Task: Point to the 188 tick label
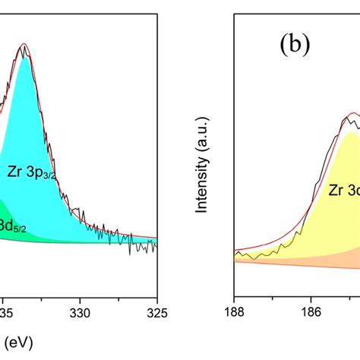point(235,311)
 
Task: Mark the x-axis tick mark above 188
point(235,294)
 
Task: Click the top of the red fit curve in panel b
point(352,114)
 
